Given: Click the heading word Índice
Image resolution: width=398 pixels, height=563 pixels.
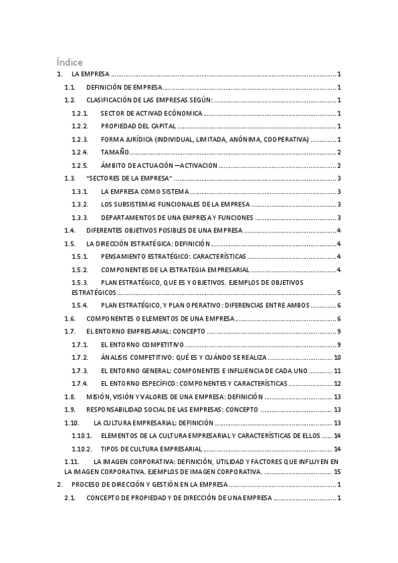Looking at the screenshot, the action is click(x=70, y=62).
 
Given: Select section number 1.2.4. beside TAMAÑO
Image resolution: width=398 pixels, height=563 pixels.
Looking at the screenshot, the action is click(x=80, y=153).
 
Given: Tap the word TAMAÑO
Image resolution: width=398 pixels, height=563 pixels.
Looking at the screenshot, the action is click(x=115, y=153).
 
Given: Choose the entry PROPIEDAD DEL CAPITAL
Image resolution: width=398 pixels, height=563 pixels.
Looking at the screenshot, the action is click(x=138, y=126).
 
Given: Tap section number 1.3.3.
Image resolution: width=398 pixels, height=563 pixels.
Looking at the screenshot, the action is click(x=80, y=218).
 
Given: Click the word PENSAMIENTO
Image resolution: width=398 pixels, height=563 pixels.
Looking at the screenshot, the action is click(x=126, y=256).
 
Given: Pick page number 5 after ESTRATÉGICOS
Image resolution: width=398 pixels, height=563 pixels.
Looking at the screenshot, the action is click(x=339, y=292).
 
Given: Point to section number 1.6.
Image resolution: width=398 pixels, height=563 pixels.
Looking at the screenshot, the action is click(x=70, y=319).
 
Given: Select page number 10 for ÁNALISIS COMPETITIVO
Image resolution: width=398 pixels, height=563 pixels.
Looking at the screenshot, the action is click(x=338, y=358).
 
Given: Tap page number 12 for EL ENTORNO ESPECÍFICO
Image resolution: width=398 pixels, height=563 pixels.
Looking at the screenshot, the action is click(x=338, y=384).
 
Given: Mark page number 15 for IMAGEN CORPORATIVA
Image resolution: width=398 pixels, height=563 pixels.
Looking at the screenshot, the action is click(x=338, y=471).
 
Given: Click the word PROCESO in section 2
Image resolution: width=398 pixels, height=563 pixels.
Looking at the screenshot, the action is click(x=84, y=485).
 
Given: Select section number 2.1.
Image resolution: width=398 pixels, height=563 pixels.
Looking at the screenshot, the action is click(x=70, y=498).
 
